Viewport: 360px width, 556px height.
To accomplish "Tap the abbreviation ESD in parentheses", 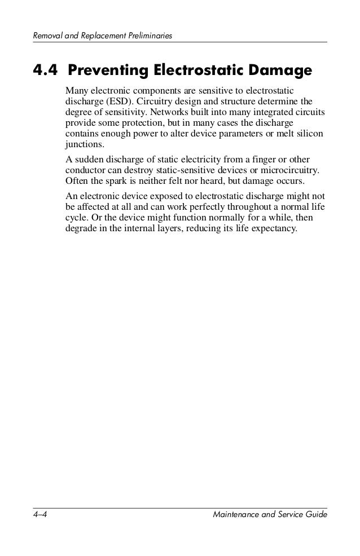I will (x=116, y=102).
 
